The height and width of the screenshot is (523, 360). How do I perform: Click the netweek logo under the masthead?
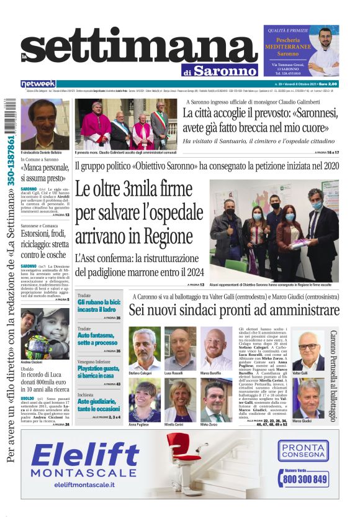coord(38,83)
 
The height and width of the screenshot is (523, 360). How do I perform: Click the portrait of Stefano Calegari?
coord(144,348)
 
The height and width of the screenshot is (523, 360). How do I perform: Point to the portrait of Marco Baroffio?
coord(215,348)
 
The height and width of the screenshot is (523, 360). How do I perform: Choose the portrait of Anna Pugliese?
coord(144,401)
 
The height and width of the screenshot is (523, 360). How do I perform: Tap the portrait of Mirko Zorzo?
coord(215,401)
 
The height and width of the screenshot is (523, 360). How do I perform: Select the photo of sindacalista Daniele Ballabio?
coord(45,124)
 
